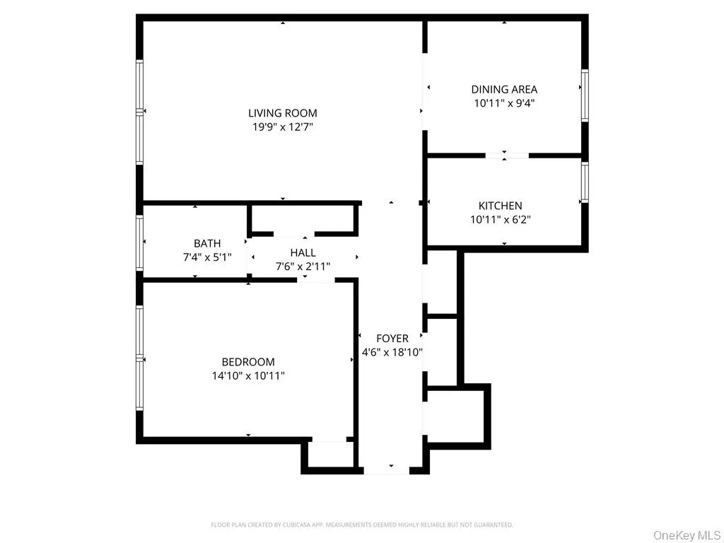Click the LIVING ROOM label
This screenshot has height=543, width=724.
point(282,113)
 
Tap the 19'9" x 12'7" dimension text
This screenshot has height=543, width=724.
point(282,127)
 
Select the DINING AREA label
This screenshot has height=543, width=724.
point(504,89)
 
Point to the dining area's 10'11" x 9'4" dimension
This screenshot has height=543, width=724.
point(504,103)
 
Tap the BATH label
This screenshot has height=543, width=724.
point(207,244)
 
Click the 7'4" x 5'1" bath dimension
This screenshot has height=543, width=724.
point(207,257)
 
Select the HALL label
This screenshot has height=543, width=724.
point(303,252)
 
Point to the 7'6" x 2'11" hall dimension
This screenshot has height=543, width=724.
point(303,267)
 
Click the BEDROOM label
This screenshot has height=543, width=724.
point(248,362)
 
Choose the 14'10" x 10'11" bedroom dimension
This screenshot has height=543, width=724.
point(248,376)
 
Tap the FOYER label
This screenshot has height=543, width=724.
point(392,339)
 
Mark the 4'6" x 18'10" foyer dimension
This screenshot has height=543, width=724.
point(392,352)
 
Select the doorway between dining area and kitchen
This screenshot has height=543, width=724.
point(507,155)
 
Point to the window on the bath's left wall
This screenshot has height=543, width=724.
point(140,241)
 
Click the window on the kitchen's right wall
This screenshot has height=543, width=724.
point(585,182)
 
